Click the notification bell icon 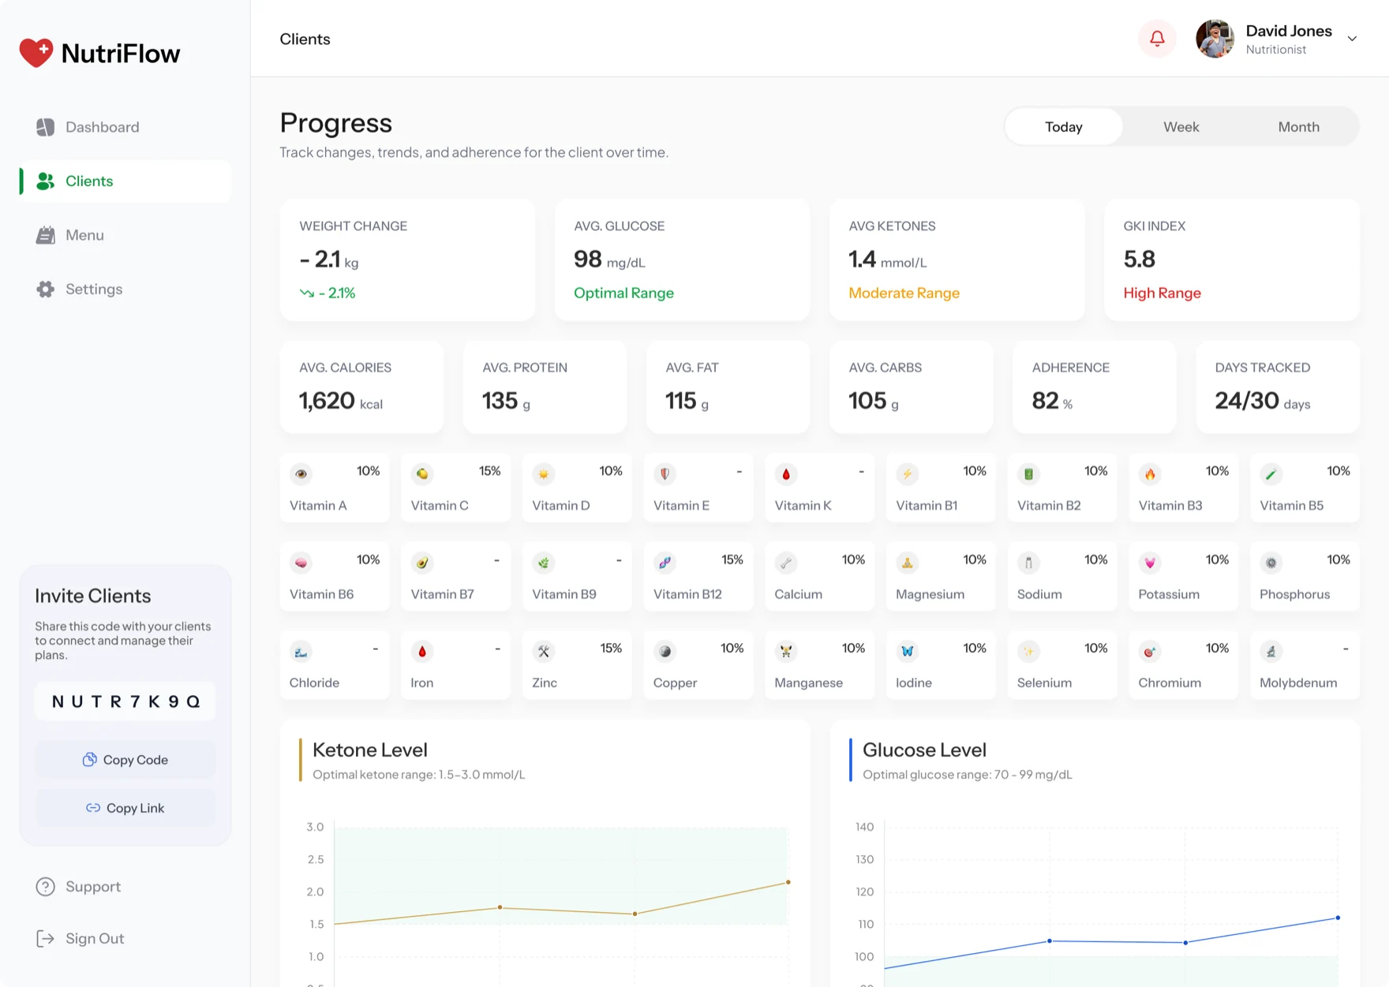click(x=1157, y=39)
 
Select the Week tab click(x=1181, y=127)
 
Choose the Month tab click(x=1298, y=127)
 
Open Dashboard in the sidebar click(x=102, y=127)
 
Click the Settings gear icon click(x=45, y=290)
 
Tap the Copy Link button click(x=125, y=808)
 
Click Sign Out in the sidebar click(x=95, y=938)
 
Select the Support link click(x=93, y=887)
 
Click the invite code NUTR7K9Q click(x=125, y=701)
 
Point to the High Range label click(x=1162, y=293)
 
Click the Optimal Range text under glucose click(x=623, y=293)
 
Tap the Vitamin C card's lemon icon click(x=422, y=474)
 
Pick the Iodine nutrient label click(x=914, y=682)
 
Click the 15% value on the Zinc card click(x=611, y=648)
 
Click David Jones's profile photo click(x=1215, y=39)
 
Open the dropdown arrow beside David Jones click(x=1352, y=39)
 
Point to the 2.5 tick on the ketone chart click(x=316, y=859)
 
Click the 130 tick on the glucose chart click(x=865, y=859)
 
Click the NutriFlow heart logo click(x=36, y=53)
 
